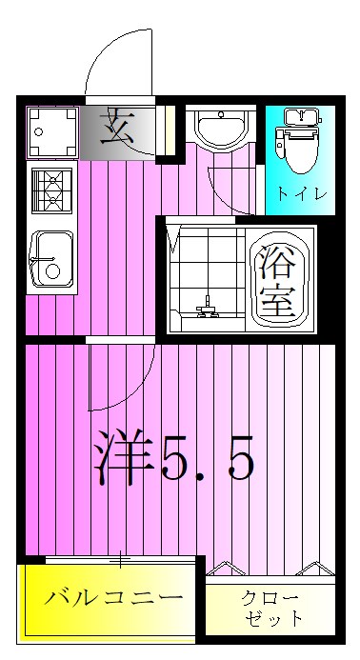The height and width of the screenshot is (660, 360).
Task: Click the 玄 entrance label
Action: point(117,126)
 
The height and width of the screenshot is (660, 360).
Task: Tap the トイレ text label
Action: point(302,194)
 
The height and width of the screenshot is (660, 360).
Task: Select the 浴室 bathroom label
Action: point(276,282)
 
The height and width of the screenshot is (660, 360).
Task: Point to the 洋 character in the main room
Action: point(123,457)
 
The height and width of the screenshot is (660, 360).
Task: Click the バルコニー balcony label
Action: point(113,597)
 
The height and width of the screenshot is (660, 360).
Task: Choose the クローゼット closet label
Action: point(270,608)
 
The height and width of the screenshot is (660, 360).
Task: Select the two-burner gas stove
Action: point(52,190)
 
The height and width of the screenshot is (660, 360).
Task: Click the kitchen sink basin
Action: point(52,258)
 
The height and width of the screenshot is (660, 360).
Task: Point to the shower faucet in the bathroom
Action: point(208,307)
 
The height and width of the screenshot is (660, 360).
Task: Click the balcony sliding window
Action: point(120,559)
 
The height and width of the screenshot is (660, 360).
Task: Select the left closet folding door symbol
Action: point(226,568)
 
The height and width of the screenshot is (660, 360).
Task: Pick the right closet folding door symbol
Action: point(316,568)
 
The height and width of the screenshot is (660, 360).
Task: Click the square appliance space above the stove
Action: point(52,132)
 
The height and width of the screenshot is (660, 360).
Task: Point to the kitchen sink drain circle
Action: point(52,271)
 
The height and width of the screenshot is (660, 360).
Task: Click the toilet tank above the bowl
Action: point(302,116)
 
